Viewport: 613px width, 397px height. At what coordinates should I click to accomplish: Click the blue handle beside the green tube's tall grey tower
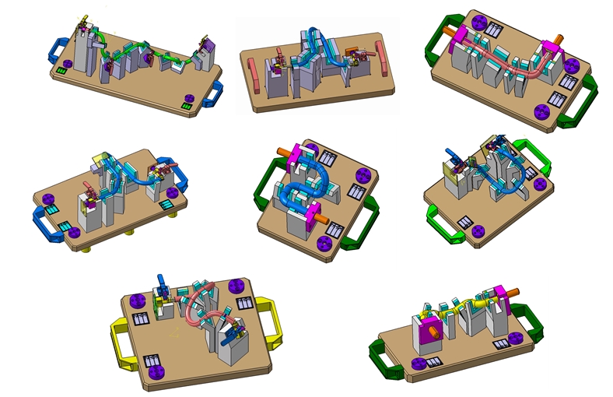click(x=59, y=50)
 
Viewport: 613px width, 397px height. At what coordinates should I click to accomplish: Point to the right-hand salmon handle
click(x=381, y=58)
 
